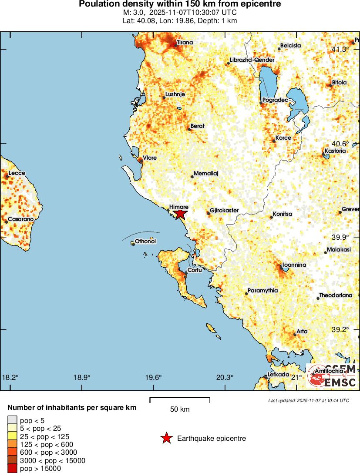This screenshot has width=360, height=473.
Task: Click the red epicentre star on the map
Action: [180, 214]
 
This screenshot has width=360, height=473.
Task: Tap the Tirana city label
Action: [185, 43]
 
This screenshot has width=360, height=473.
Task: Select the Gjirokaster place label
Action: [224, 211]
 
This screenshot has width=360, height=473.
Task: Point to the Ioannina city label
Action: [294, 265]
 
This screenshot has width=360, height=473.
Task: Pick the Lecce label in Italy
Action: [17, 173]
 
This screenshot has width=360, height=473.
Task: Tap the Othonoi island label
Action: [145, 241]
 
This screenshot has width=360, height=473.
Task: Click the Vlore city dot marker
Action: [140, 161]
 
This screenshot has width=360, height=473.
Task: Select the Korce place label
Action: [283, 138]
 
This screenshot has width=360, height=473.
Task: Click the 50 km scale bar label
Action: [180, 409]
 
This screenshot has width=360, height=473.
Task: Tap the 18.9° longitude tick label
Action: [82, 377]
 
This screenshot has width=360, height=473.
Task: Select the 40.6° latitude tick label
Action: [340, 144]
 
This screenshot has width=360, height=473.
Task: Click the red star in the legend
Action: [166, 438]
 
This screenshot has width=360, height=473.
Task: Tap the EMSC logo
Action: [333, 376]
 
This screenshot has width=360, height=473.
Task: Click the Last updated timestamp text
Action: [308, 400]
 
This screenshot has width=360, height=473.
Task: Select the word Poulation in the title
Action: [98, 4]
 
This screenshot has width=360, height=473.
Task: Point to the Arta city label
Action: [302, 332]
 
